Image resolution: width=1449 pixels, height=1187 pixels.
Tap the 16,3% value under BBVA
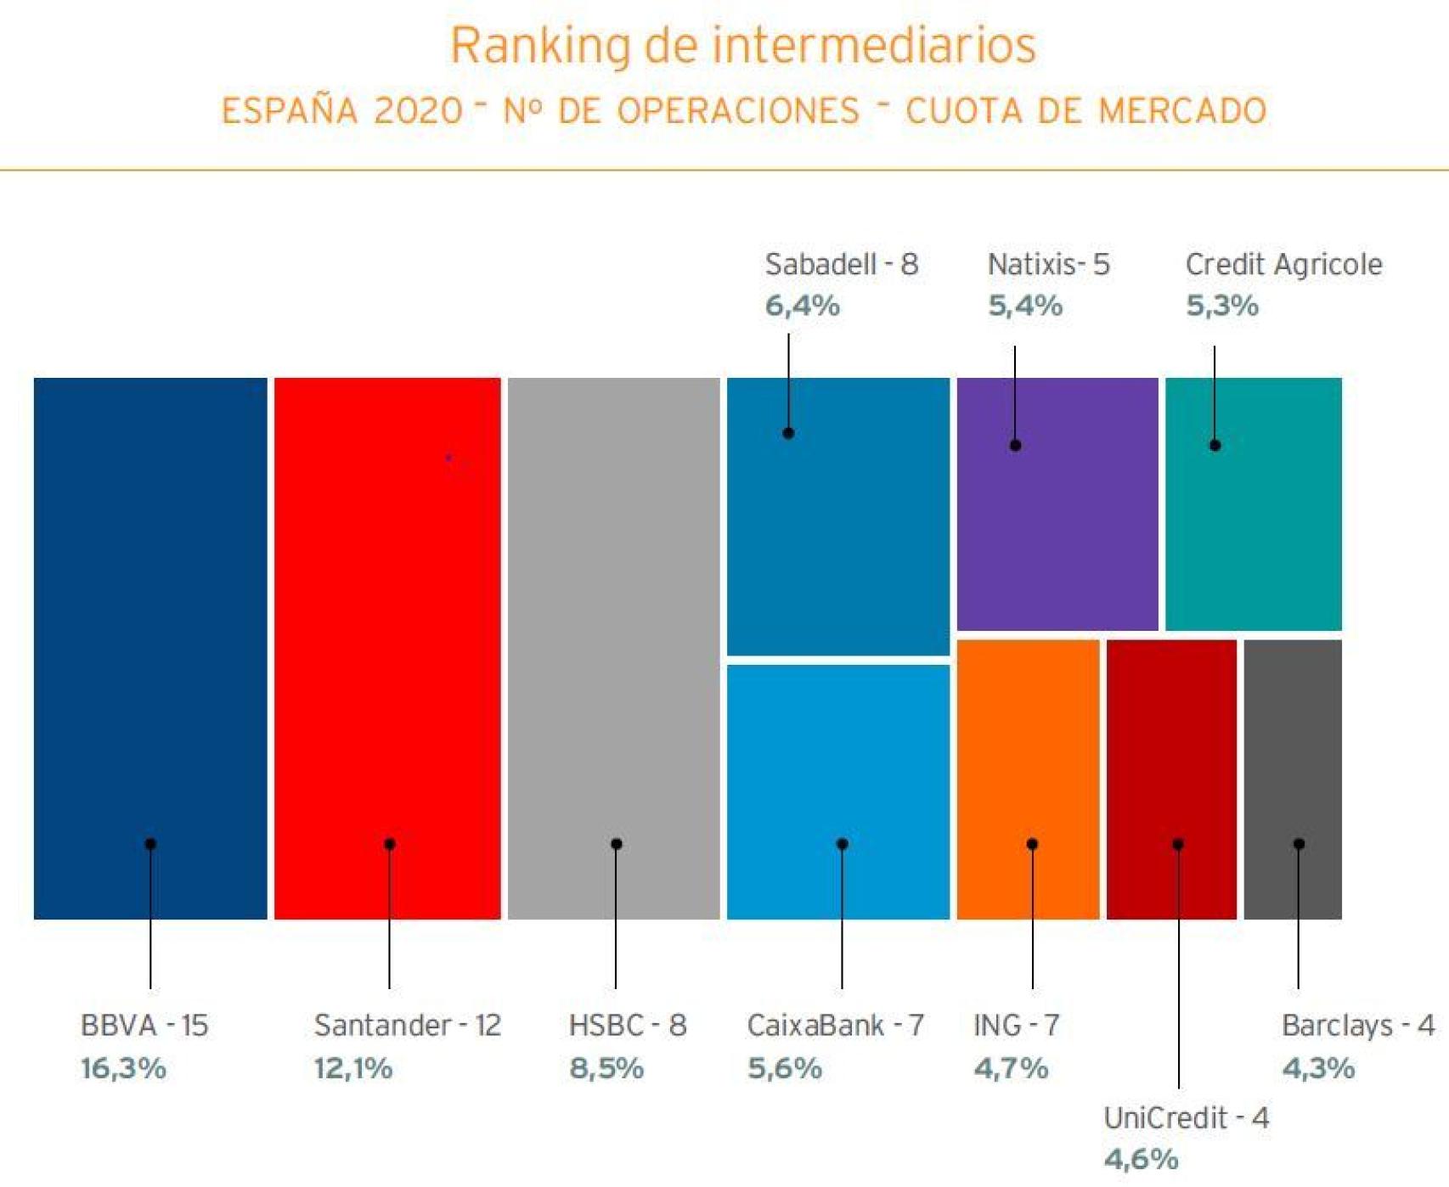(x=123, y=1067)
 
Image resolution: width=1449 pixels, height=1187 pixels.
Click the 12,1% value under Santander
(x=353, y=1067)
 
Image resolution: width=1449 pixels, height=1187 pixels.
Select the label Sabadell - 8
(x=841, y=264)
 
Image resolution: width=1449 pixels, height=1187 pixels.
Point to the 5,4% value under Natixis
(x=1025, y=306)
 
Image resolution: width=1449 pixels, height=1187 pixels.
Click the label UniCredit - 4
(x=1186, y=1117)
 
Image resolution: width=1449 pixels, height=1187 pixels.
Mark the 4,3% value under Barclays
(x=1318, y=1067)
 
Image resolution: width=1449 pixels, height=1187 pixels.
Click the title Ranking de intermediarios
(x=743, y=45)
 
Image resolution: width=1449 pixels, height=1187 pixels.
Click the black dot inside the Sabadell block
(x=788, y=433)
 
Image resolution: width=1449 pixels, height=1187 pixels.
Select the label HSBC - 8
(x=627, y=1025)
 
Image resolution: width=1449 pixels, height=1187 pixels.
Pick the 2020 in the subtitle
(x=418, y=111)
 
